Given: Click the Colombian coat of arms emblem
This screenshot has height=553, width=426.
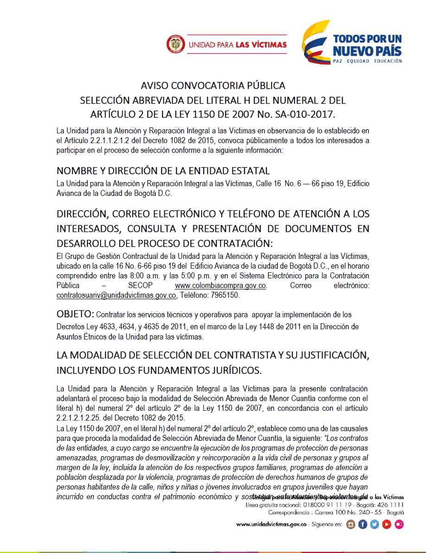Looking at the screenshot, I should pyautogui.click(x=175, y=44).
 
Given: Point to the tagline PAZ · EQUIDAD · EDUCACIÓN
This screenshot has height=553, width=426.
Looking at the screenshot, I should pyautogui.click(x=367, y=61).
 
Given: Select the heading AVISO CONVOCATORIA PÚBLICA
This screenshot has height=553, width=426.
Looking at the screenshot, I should pyautogui.click(x=213, y=86).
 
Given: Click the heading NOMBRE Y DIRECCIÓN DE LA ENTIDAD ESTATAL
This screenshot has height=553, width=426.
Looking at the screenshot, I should pyautogui.click(x=163, y=171).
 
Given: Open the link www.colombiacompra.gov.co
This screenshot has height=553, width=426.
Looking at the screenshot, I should pyautogui.click(x=220, y=286).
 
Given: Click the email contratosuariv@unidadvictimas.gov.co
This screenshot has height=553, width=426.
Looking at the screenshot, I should pyautogui.click(x=116, y=295).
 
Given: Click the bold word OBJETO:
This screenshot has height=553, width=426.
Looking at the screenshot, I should pyautogui.click(x=75, y=314).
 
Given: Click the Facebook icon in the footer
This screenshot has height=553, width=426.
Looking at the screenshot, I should pyautogui.click(x=362, y=524).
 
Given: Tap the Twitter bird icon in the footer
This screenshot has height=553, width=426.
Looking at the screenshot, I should pyautogui.click(x=375, y=524).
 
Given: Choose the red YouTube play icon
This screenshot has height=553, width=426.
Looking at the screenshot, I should pyautogui.click(x=387, y=524).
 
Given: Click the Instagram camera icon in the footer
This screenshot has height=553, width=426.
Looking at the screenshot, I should pyautogui.click(x=351, y=524).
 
